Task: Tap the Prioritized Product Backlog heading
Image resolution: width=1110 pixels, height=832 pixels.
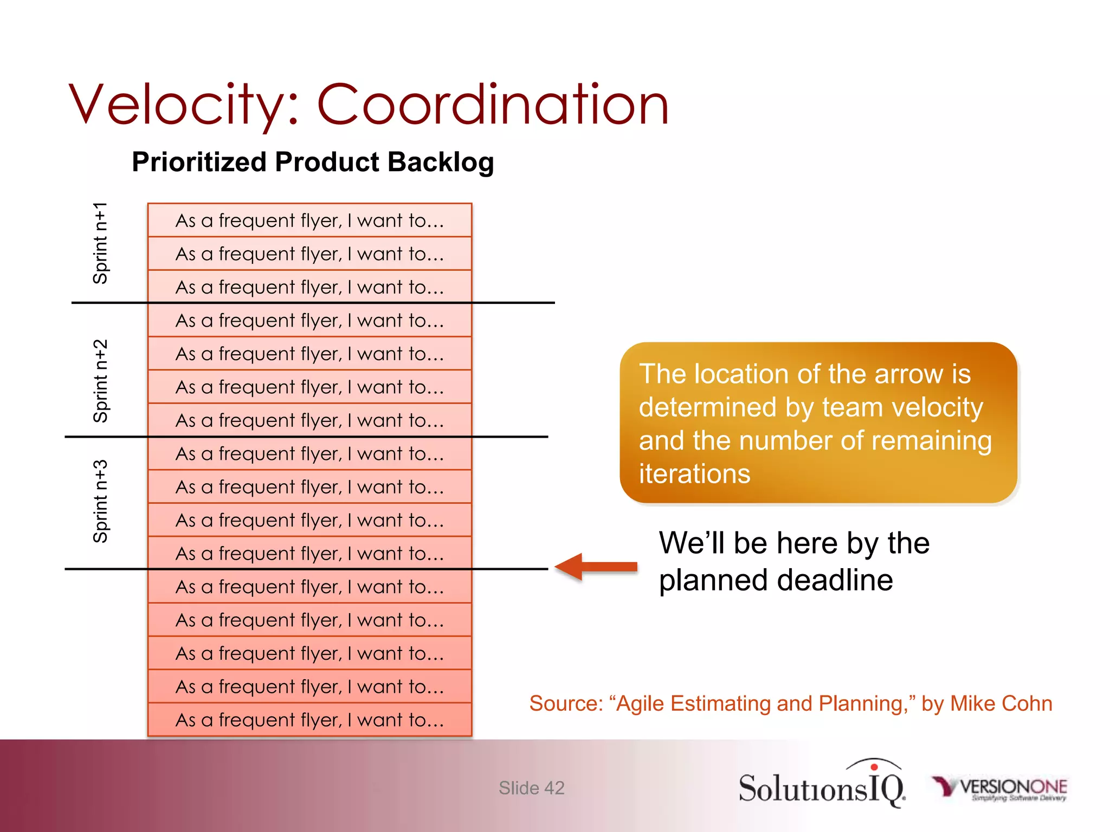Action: (x=313, y=162)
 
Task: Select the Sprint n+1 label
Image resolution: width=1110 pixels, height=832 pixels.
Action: (x=101, y=244)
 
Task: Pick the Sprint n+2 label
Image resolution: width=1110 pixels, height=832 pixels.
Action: (x=101, y=381)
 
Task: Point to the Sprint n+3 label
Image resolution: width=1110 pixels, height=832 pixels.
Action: (x=101, y=502)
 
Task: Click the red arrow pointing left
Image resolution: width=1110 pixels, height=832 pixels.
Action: (x=596, y=567)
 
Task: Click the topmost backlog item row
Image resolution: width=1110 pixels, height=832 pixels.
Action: (x=309, y=220)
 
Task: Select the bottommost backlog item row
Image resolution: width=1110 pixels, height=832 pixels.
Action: (x=309, y=720)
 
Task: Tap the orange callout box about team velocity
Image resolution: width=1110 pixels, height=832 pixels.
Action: (x=818, y=423)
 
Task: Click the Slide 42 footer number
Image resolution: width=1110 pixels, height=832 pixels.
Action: (x=531, y=788)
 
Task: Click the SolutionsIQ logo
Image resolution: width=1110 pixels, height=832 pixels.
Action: (x=821, y=785)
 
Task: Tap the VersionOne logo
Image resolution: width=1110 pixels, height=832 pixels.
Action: (x=999, y=788)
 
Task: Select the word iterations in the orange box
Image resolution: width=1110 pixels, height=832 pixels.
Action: (x=694, y=474)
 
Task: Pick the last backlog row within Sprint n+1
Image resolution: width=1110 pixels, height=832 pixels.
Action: (x=309, y=287)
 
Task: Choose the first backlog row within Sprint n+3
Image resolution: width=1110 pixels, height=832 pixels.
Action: (x=309, y=454)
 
